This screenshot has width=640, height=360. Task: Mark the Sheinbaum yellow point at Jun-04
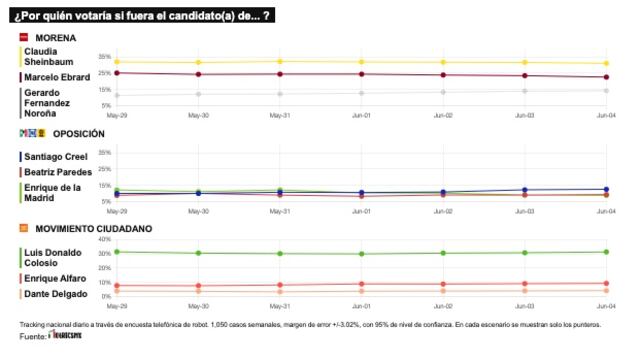point(605,63)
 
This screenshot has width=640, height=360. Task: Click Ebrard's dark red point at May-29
point(117,73)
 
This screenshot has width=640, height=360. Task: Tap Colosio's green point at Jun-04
point(605,252)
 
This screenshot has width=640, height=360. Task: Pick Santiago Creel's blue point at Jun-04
point(605,189)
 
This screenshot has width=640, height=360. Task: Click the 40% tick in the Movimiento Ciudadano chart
point(105,240)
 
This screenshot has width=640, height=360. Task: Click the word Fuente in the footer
point(32,337)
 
